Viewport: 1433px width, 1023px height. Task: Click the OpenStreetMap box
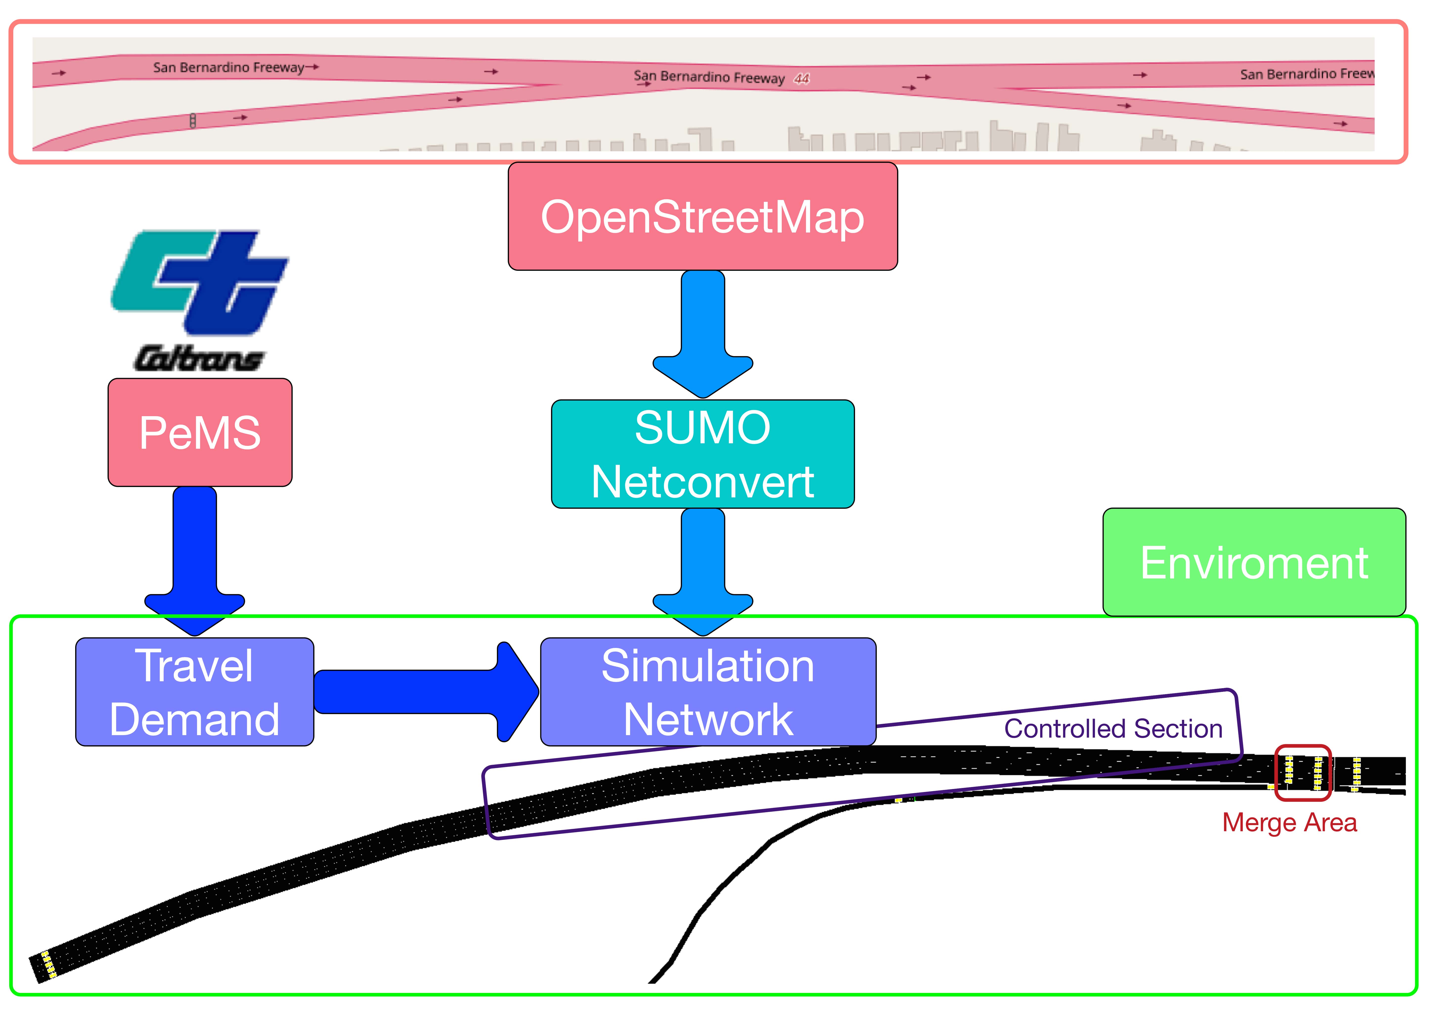(x=703, y=216)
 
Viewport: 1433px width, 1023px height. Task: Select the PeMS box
(x=200, y=432)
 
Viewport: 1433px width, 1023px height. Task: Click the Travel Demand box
(x=195, y=692)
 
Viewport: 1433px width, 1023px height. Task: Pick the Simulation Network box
(x=708, y=692)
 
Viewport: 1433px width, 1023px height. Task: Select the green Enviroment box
(x=1254, y=562)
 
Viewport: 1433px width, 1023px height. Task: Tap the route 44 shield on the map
(x=802, y=79)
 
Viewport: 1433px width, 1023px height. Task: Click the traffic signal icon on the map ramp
(x=193, y=120)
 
